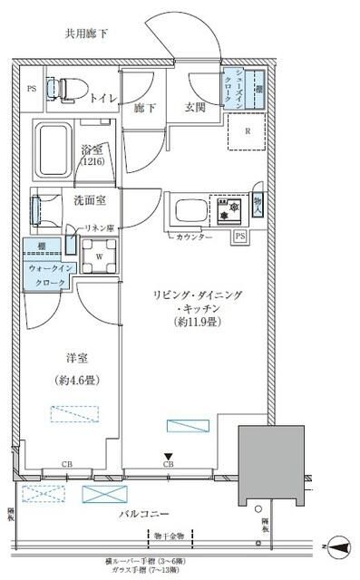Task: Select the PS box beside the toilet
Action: coord(31,89)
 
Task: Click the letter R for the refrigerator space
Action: coord(248,129)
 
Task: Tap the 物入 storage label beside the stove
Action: coord(258,207)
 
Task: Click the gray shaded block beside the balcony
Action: coord(269,463)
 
